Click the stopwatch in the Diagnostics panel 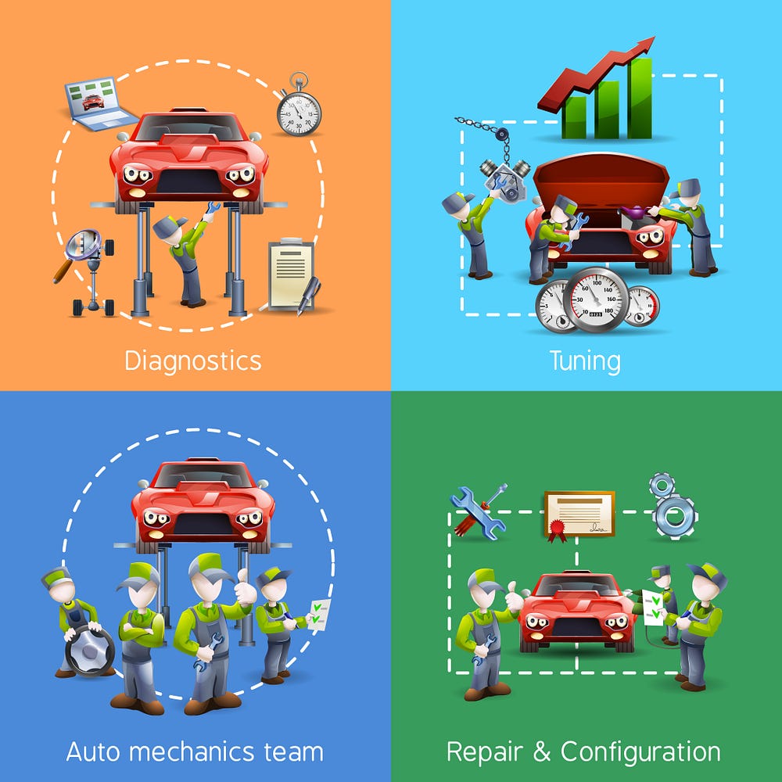[298, 110]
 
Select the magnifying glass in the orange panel [83, 246]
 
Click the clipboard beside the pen [290, 274]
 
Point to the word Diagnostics [192, 361]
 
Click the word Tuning [585, 361]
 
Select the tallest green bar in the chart [640, 98]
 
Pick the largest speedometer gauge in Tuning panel [596, 300]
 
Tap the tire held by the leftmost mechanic [89, 649]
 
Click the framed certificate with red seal [579, 514]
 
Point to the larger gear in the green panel [675, 515]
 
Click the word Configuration [640, 752]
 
